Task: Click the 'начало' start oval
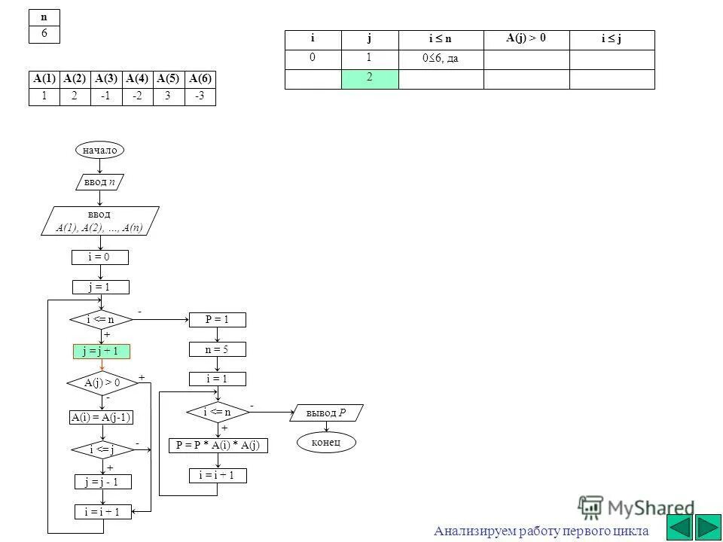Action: pyautogui.click(x=99, y=151)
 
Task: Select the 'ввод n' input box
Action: pyautogui.click(x=99, y=183)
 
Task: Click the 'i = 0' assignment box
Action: pyautogui.click(x=100, y=258)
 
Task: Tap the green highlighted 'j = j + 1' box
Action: pyautogui.click(x=102, y=351)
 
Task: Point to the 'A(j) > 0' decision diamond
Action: pyautogui.click(x=102, y=383)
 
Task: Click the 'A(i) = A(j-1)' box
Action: pyautogui.click(x=101, y=418)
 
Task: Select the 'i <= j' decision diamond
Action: pyautogui.click(x=101, y=450)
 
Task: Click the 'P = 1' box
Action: pyautogui.click(x=217, y=320)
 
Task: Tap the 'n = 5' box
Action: pyautogui.click(x=217, y=350)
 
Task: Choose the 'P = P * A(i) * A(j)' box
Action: pyautogui.click(x=218, y=446)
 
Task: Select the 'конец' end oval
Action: pyautogui.click(x=326, y=442)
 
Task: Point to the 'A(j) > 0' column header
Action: pyautogui.click(x=526, y=39)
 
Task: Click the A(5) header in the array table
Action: pyautogui.click(x=169, y=78)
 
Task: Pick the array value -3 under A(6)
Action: pyautogui.click(x=200, y=96)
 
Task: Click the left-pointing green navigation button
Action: pyautogui.click(x=681, y=526)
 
